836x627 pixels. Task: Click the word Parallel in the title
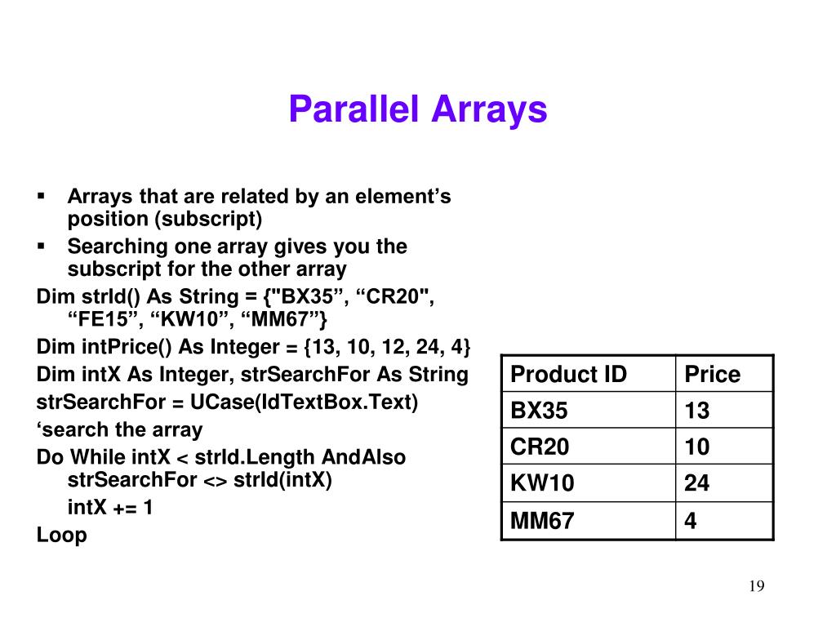coord(353,109)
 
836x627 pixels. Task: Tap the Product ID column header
coord(568,375)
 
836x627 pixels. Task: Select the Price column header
coord(712,375)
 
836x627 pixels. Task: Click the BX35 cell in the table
coord(539,411)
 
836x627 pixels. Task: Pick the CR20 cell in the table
coord(540,447)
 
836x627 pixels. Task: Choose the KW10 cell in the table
coord(542,483)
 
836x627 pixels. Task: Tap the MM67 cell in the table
coord(542,520)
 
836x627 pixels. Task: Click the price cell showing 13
coord(697,411)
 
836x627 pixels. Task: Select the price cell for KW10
coord(697,483)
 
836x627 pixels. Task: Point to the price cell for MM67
coord(691,520)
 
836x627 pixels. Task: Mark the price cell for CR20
coord(697,447)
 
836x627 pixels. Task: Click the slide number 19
coord(756,587)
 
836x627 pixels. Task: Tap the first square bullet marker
coord(41,197)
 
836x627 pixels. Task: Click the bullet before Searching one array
coord(41,246)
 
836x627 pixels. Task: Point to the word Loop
coord(61,535)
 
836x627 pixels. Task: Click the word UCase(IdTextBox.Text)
coord(304,402)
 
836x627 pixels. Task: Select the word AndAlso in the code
coord(364,457)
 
